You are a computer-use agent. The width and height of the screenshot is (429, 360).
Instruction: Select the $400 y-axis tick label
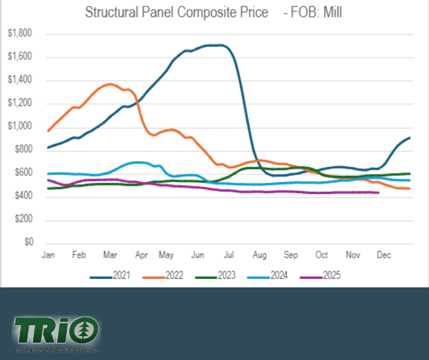click(22, 196)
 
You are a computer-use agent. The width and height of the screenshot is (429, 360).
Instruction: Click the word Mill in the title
click(333, 13)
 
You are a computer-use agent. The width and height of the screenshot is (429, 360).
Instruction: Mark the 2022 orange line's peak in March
click(110, 84)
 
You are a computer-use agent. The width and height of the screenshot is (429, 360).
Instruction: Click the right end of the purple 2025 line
click(378, 193)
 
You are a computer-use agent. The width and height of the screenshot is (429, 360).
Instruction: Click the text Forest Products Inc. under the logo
click(57, 350)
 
